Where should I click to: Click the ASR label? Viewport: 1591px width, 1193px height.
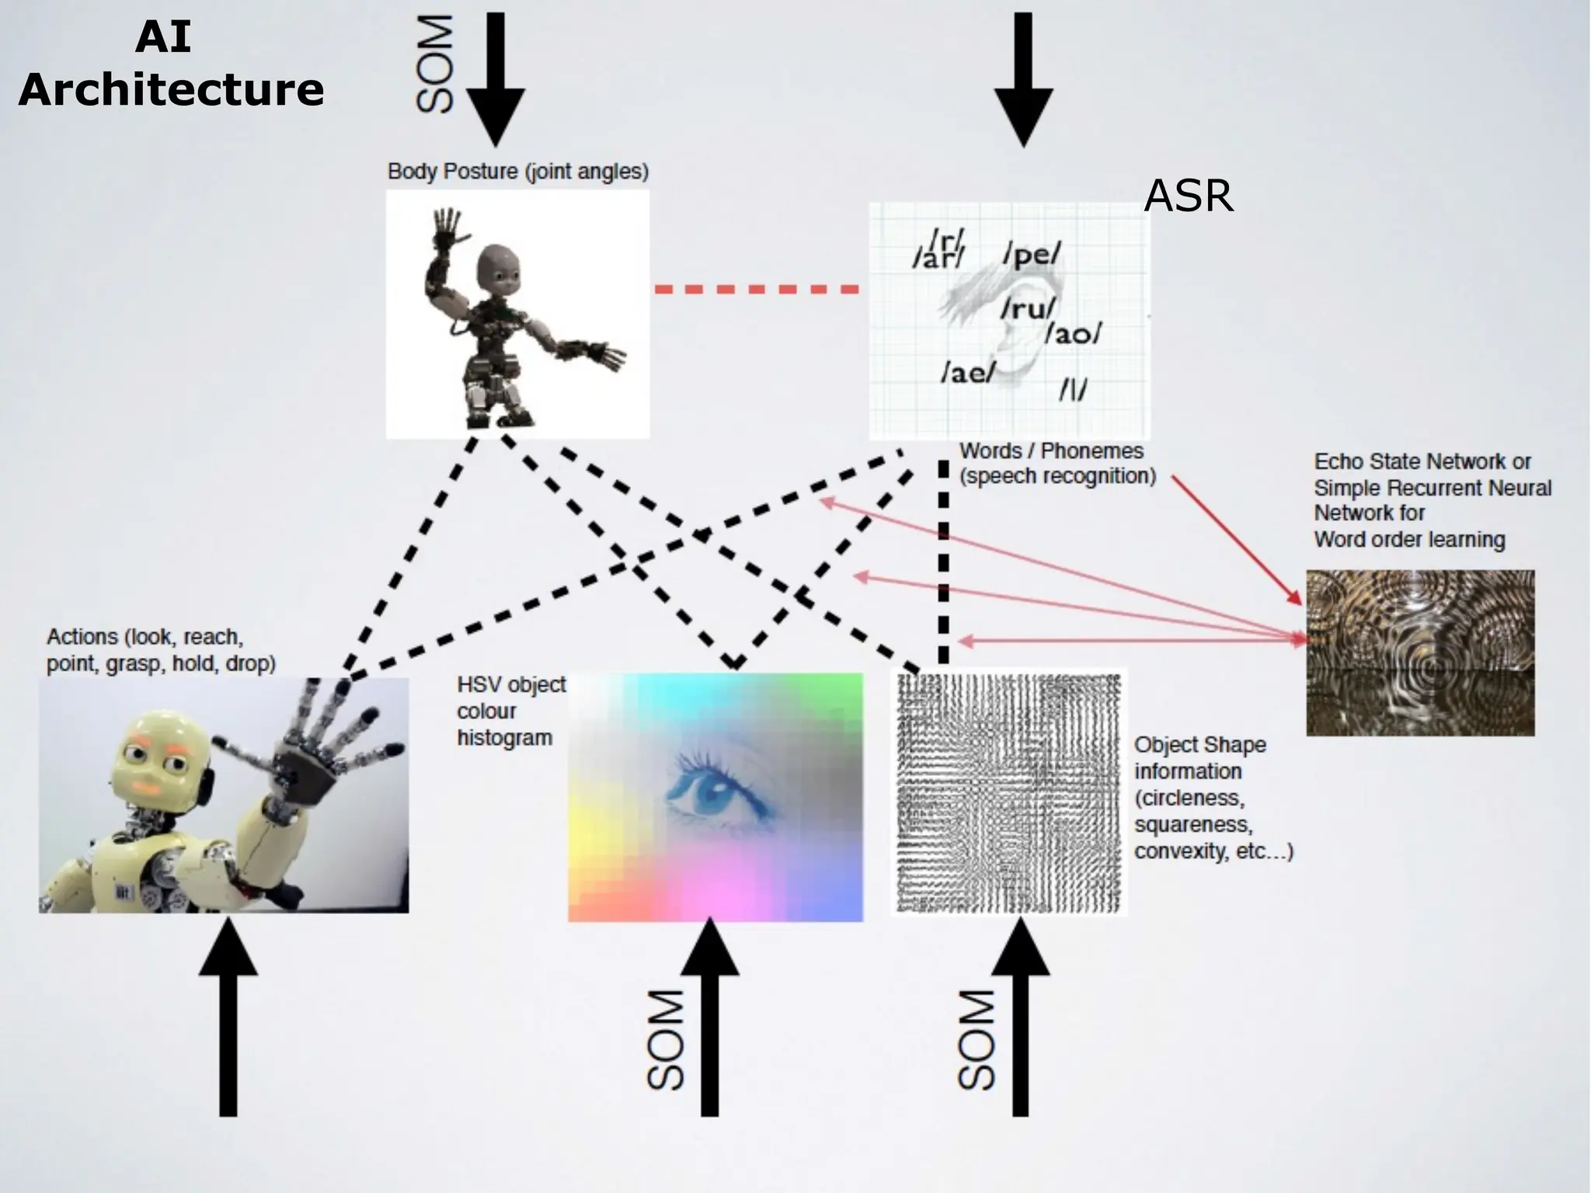pyautogui.click(x=1188, y=196)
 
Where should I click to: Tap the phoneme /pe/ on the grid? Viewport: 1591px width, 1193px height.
pyautogui.click(x=1031, y=254)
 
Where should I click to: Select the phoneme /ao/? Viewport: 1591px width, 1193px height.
pyautogui.click(x=1073, y=334)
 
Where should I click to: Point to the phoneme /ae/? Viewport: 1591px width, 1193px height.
pyautogui.click(x=968, y=373)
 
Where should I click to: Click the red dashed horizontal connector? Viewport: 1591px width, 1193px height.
pyautogui.click(x=757, y=289)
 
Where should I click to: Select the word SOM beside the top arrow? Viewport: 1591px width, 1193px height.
pyautogui.click(x=436, y=65)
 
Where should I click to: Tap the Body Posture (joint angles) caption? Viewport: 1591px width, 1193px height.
pyautogui.click(x=517, y=172)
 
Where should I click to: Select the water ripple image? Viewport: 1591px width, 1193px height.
pyautogui.click(x=1419, y=652)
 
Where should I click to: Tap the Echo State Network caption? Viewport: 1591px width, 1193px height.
pyautogui.click(x=1431, y=500)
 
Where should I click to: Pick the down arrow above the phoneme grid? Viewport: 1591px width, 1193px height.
pyautogui.click(x=1023, y=78)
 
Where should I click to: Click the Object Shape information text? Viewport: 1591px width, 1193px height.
pyautogui.click(x=1212, y=798)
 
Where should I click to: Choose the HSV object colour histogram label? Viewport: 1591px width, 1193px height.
pyautogui.click(x=510, y=711)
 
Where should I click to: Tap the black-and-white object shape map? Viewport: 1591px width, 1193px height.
pyautogui.click(x=1008, y=792)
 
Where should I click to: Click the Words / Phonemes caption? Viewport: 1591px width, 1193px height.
pyautogui.click(x=1057, y=463)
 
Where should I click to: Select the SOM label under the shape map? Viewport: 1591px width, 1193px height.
pyautogui.click(x=977, y=1041)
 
